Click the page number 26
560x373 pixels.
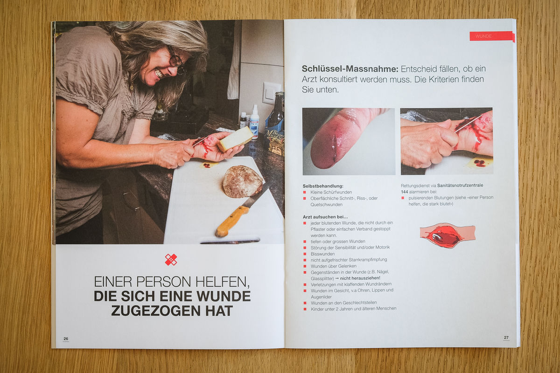66,339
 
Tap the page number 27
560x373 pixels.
506,338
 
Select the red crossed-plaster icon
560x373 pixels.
171,260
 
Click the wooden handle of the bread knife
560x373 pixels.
232,221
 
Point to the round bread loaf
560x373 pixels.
242,181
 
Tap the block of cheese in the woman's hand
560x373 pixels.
236,139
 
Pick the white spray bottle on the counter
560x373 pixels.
254,122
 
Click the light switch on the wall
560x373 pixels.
271,93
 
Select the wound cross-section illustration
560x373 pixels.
448,235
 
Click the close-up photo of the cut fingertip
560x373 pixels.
349,141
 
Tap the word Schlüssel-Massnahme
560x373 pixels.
350,69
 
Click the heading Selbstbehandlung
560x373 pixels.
323,186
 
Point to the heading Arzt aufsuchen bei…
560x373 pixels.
325,217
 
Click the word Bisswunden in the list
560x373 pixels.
323,254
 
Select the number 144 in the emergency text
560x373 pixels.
405,192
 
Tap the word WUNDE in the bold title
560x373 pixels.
224,296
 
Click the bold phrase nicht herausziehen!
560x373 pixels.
360,278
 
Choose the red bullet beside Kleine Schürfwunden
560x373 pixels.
304,192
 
